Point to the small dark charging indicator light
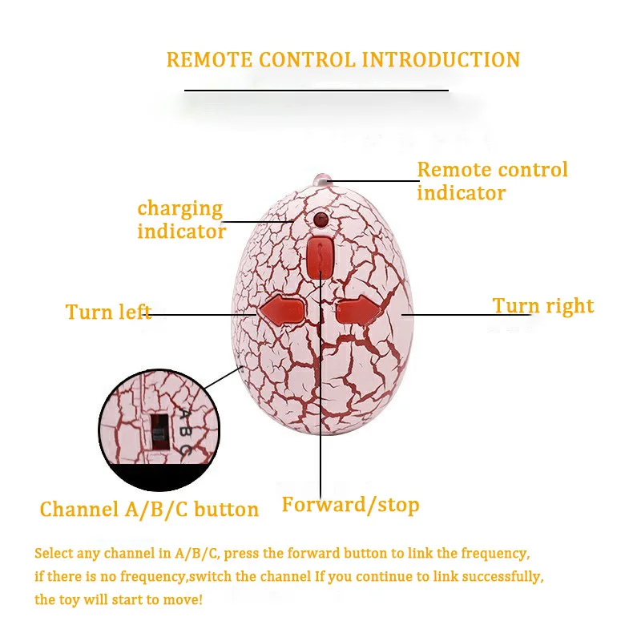click(x=321, y=220)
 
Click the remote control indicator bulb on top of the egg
click(x=323, y=177)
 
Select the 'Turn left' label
click(x=108, y=312)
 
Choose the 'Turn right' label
click(x=543, y=306)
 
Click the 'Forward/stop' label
click(x=350, y=505)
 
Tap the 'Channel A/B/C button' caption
click(x=149, y=510)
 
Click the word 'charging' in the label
click(x=179, y=208)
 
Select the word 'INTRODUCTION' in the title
click(x=441, y=60)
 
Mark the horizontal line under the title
click(x=316, y=91)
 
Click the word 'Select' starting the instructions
click(x=54, y=554)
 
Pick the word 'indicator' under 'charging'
click(x=182, y=232)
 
